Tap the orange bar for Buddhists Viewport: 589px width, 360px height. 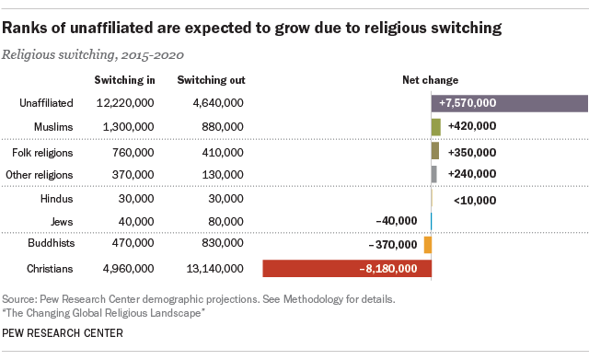point(428,245)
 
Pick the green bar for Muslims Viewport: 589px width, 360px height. point(436,126)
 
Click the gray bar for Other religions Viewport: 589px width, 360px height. point(433,173)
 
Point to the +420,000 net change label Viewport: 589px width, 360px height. point(472,126)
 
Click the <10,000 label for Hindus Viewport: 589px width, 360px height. point(475,200)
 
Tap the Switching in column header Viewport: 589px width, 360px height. point(124,80)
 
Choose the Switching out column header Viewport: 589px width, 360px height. point(211,80)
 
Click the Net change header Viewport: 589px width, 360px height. point(431,80)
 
